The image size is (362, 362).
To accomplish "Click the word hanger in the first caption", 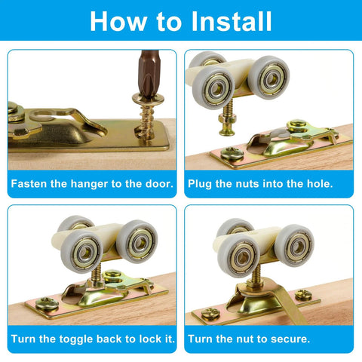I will pos(81,183).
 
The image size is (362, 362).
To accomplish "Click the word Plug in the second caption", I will pos(205,183).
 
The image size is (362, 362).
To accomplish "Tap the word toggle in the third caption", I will pos(75,339).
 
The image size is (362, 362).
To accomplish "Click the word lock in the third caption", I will pos(140,339).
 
